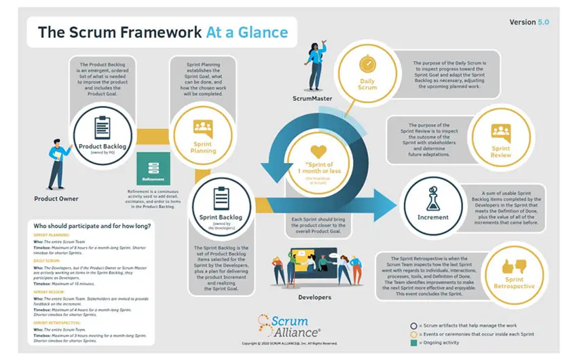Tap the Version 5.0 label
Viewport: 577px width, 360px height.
pyautogui.click(x=529, y=22)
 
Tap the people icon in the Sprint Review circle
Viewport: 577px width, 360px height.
pyautogui.click(x=501, y=130)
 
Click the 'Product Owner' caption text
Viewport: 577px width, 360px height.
pyautogui.click(x=56, y=199)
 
